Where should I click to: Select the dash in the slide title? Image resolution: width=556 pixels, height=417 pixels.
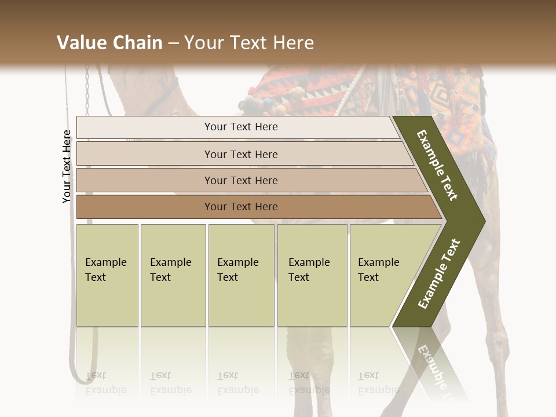coord(173,43)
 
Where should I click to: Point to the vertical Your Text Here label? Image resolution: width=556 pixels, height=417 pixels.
coord(67,167)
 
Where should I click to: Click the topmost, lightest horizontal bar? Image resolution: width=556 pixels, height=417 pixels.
coord(237,127)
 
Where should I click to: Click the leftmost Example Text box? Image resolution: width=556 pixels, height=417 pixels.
coord(107,275)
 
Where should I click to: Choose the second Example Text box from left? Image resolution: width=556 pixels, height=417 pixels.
coord(173,275)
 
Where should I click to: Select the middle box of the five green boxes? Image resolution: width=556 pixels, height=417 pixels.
coord(241,275)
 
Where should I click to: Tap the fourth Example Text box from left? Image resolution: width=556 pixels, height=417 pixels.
coord(312,275)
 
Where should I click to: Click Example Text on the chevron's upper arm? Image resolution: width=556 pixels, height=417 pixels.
coord(437,165)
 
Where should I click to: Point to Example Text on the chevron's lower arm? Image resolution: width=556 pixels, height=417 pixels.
coord(439,273)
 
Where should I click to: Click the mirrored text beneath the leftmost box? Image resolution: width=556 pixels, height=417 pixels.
coord(106,382)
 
